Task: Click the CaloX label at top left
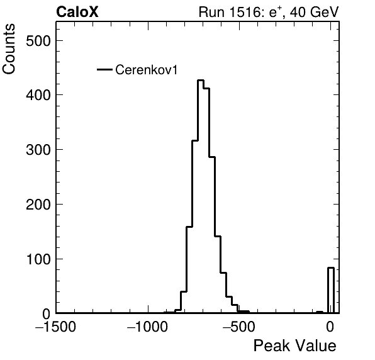tap(77, 12)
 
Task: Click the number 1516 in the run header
tap(245, 12)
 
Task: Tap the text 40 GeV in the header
tap(314, 12)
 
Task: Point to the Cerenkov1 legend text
tap(147, 70)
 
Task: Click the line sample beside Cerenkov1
tap(104, 70)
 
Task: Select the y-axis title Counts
tap(9, 49)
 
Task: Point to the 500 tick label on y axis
tap(38, 41)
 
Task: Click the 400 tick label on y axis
tap(38, 95)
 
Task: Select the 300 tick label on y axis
tap(38, 150)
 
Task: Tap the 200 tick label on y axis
tap(38, 205)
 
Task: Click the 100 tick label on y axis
tap(38, 259)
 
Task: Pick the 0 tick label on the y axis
tap(47, 314)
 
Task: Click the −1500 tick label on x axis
tap(55, 327)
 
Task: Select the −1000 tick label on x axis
tap(148, 327)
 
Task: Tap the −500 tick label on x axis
tap(238, 327)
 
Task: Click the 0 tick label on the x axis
tap(330, 327)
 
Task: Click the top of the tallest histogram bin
tap(201, 80)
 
